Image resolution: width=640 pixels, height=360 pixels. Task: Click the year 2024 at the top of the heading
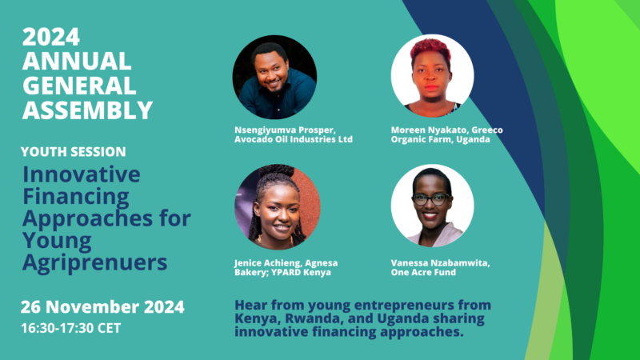click(51, 37)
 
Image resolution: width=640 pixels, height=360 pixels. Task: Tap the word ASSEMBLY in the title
click(87, 110)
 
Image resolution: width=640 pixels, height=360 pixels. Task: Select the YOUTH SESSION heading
click(74, 152)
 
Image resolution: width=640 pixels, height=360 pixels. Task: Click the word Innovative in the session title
click(82, 174)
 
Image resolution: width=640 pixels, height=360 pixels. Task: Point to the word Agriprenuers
click(95, 262)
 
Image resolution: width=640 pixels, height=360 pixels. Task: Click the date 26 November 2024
click(102, 307)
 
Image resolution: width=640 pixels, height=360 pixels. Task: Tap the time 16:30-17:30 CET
click(71, 328)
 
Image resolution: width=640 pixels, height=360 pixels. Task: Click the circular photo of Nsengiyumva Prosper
click(274, 77)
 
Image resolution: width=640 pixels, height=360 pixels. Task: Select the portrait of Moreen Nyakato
click(432, 75)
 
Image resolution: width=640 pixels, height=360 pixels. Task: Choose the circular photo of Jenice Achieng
click(278, 207)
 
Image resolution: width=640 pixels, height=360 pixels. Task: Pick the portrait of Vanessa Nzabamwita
click(432, 206)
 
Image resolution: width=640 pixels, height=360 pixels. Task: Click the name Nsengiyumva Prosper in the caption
click(285, 130)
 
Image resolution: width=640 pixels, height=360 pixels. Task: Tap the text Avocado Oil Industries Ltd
click(294, 139)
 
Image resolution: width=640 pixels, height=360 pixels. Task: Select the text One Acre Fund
click(423, 272)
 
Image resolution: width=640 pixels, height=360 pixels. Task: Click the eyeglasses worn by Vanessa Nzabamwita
click(431, 199)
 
